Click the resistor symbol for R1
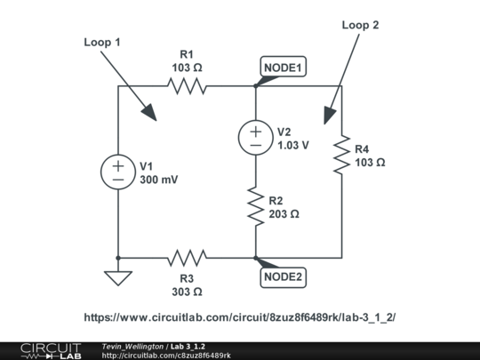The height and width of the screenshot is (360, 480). [x=187, y=86]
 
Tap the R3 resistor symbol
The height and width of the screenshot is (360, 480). [x=187, y=258]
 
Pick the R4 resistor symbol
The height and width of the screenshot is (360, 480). [x=341, y=156]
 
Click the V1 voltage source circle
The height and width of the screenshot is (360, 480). [x=117, y=172]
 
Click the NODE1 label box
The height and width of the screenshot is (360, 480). [x=283, y=68]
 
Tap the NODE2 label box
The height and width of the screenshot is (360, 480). [x=284, y=276]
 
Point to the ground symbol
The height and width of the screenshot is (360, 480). [x=117, y=278]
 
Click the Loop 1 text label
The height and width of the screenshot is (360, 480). [x=102, y=42]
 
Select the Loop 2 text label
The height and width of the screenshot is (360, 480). [x=360, y=26]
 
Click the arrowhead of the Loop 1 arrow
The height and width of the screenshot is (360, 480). [x=152, y=114]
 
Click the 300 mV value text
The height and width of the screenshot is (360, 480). [x=159, y=180]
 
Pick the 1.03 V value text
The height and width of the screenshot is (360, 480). [x=293, y=145]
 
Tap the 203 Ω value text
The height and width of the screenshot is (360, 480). [x=284, y=214]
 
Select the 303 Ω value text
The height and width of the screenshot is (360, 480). [x=187, y=291]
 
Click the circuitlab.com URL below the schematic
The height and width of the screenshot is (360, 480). [x=240, y=317]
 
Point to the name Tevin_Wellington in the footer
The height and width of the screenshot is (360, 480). [x=132, y=345]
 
